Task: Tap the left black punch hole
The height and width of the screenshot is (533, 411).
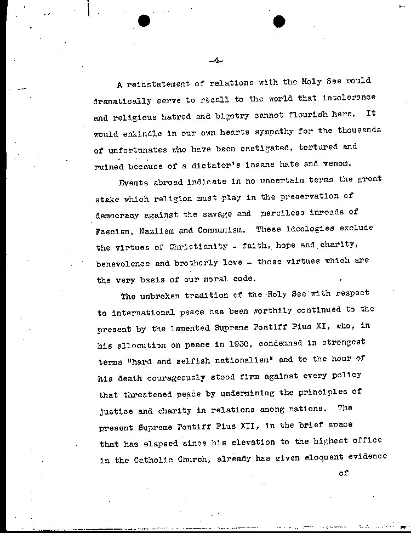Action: (145, 21)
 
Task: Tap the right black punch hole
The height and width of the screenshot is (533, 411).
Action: (279, 21)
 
